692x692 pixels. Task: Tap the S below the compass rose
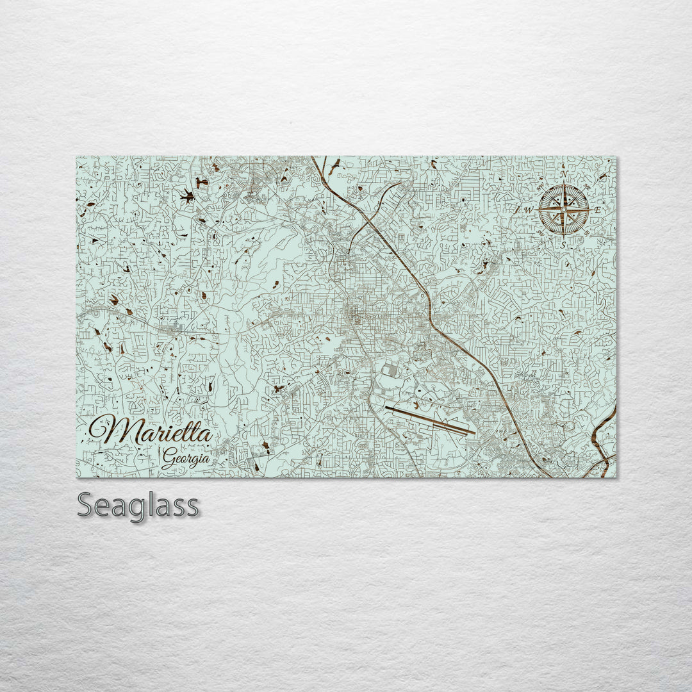click(x=563, y=245)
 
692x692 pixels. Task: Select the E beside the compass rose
click(x=597, y=210)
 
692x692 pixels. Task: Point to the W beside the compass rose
click(x=529, y=210)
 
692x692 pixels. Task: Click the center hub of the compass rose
click(x=563, y=210)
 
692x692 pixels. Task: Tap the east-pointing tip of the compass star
click(x=588, y=210)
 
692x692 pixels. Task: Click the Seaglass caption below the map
click(x=138, y=506)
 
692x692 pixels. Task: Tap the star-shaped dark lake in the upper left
click(x=187, y=197)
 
